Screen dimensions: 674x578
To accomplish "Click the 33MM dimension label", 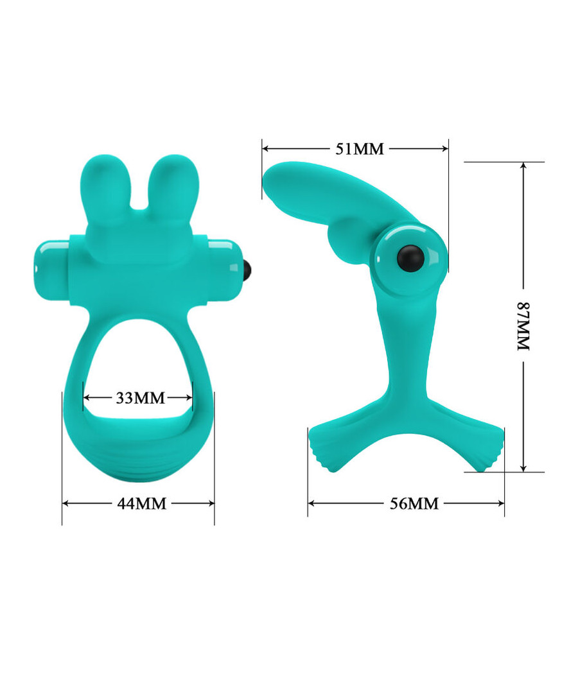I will pos(140,398).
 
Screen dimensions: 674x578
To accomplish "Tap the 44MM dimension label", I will pos(141,504).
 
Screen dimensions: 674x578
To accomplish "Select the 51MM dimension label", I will pos(359,149).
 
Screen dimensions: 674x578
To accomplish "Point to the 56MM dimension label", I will pos(414,504).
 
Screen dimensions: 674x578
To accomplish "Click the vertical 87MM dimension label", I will pos(523,326).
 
